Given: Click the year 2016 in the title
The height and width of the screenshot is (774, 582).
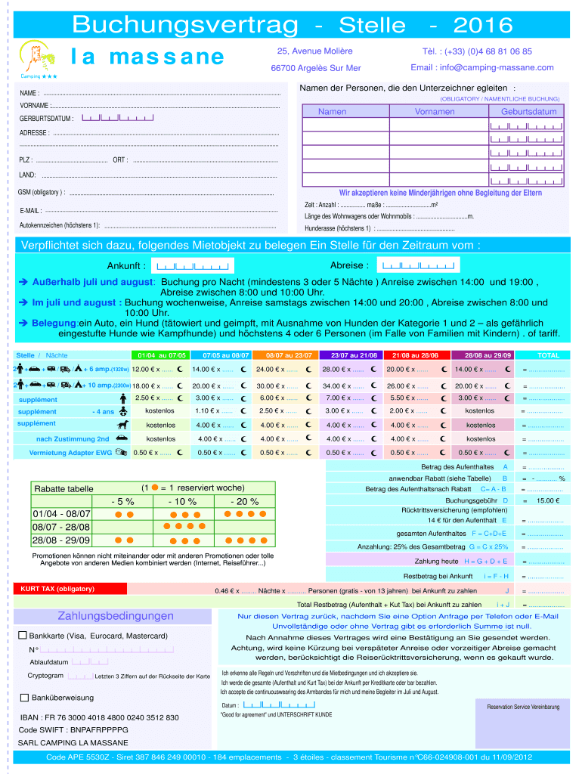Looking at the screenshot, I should pyautogui.click(x=483, y=26).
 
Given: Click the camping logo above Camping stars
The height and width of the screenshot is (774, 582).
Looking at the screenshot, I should pyautogui.click(x=35, y=56).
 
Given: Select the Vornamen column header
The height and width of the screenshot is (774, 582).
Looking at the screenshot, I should pyautogui.click(x=435, y=111).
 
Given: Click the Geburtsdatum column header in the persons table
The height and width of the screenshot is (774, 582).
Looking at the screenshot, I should pyautogui.click(x=528, y=111).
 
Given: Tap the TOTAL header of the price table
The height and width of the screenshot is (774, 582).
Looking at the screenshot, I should pyautogui.click(x=548, y=354).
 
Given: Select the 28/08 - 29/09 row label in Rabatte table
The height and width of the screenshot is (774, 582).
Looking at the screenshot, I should pyautogui.click(x=61, y=540).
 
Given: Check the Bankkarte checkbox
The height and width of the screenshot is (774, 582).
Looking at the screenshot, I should pyautogui.click(x=23, y=636).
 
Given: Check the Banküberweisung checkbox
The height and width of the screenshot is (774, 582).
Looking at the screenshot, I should pyautogui.click(x=24, y=697).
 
